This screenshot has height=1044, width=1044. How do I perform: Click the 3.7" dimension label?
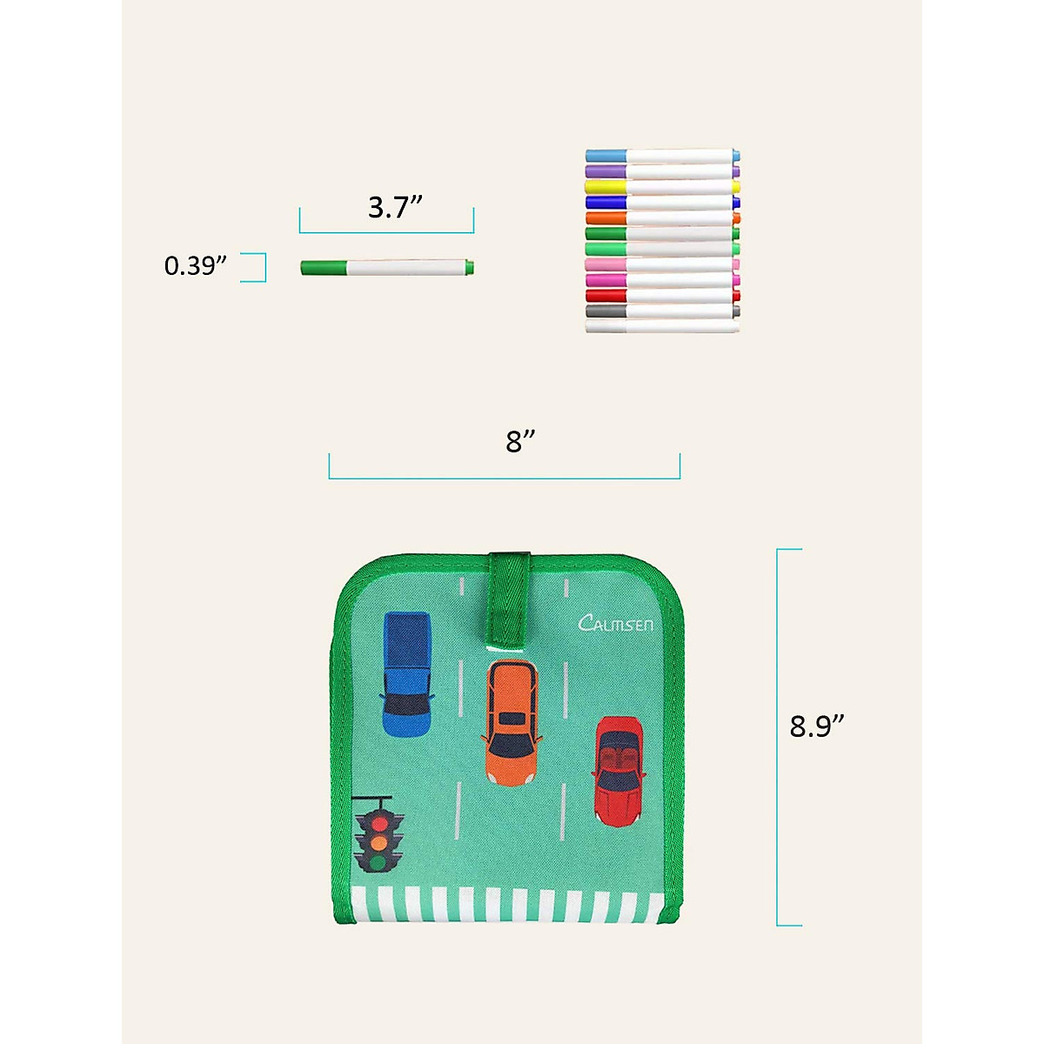point(395,208)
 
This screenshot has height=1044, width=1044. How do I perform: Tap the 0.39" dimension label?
point(195,265)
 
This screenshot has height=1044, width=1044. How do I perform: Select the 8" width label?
point(520,442)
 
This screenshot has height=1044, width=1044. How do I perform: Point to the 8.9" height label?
point(816,726)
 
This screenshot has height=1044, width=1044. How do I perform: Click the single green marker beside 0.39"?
point(387,268)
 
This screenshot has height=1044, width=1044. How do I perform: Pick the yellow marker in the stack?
point(663,187)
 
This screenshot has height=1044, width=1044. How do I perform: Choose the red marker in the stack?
point(663,296)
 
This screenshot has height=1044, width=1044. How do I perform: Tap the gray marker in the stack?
point(663,311)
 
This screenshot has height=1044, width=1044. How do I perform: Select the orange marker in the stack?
point(663,218)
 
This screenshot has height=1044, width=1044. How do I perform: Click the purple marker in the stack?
point(663,171)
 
